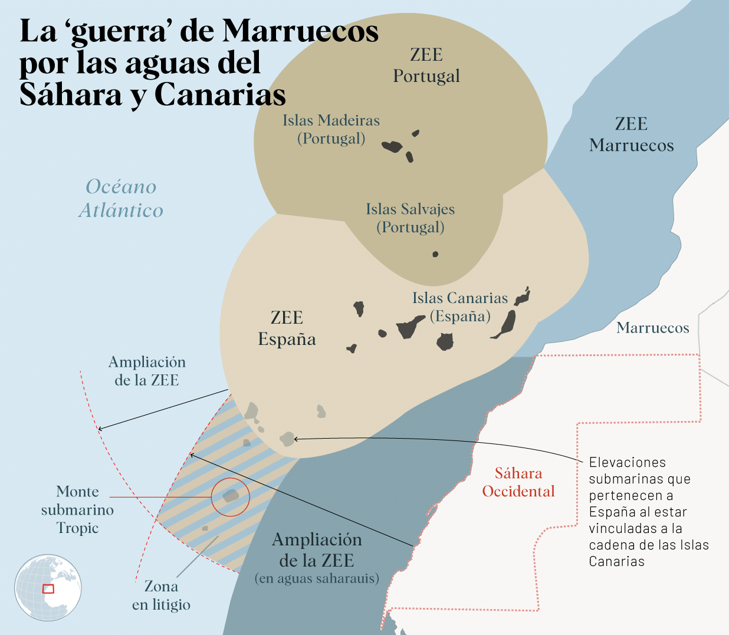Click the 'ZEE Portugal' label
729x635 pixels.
point(426,65)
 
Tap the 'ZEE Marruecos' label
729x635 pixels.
point(631,134)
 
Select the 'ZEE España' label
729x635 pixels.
point(287,328)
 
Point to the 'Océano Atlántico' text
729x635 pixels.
point(121,198)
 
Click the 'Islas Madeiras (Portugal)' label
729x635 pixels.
point(331,129)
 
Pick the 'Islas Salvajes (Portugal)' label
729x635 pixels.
point(410,218)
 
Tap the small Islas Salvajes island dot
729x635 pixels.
point(435,254)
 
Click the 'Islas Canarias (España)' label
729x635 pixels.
point(460,307)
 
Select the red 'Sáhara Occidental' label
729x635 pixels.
point(518,482)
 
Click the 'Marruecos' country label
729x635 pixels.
point(653,328)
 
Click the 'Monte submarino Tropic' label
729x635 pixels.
point(77,509)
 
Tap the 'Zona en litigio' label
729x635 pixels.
point(161,595)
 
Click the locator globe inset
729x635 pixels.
point(48,587)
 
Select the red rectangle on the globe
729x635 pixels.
point(48,588)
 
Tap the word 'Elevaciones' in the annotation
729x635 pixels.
point(627,462)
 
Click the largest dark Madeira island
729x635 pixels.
point(392,146)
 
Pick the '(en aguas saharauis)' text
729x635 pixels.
point(317,578)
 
